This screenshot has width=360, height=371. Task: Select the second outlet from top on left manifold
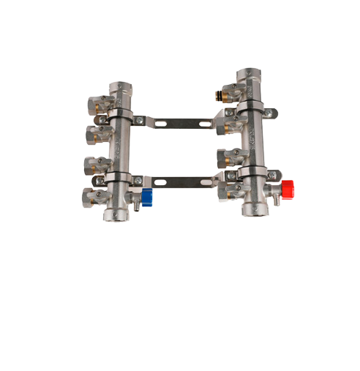coord(95,133)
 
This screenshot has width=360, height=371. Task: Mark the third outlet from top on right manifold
coord(225,157)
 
